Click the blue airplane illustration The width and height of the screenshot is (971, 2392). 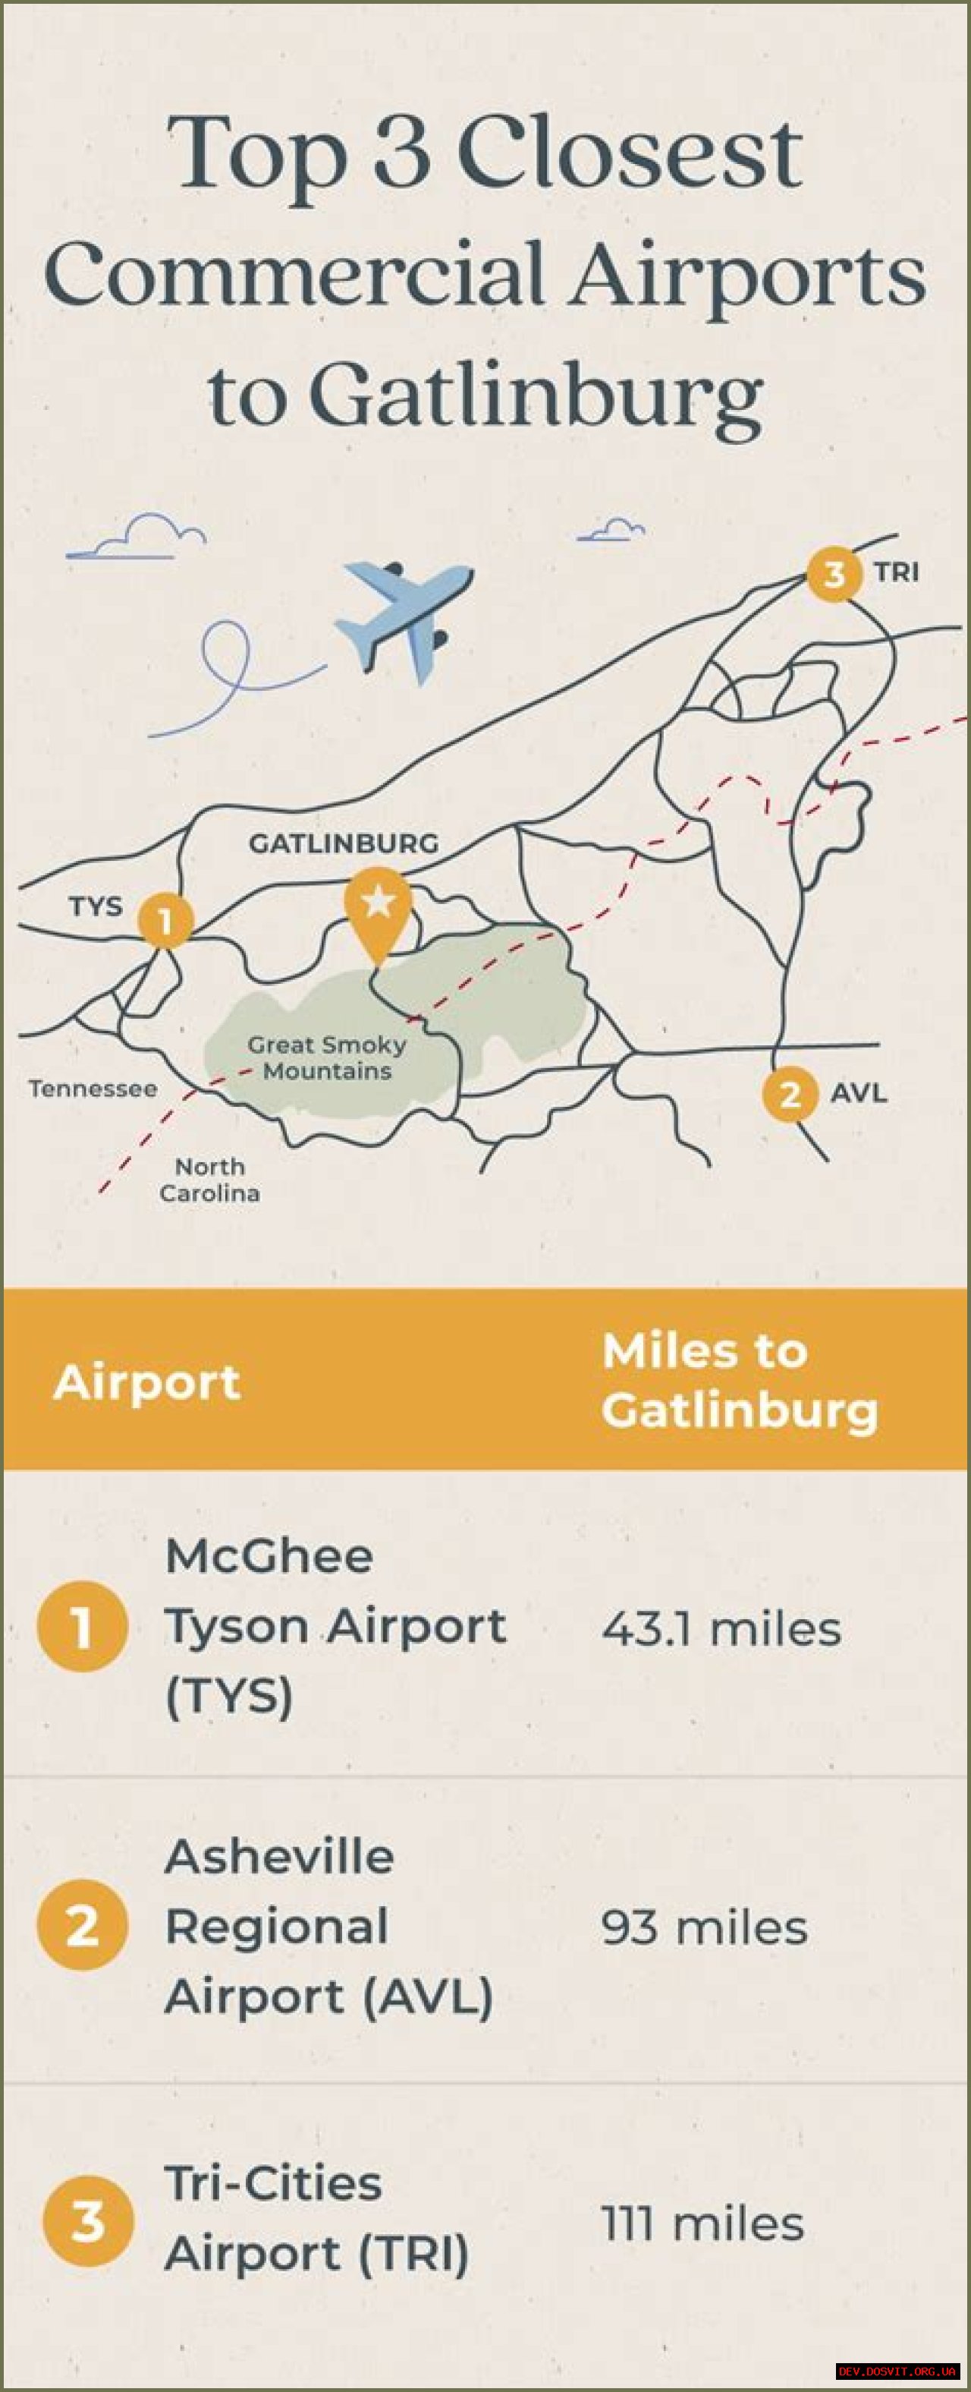pyautogui.click(x=406, y=617)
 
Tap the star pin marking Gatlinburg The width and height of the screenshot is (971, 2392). pyautogui.click(x=378, y=906)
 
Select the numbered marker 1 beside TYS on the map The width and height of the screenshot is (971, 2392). pyautogui.click(x=166, y=920)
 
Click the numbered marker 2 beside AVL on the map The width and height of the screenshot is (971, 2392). pyautogui.click(x=790, y=1095)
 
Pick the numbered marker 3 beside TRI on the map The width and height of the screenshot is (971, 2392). pyautogui.click(x=834, y=574)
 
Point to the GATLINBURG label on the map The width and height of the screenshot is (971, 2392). pyautogui.click(x=343, y=843)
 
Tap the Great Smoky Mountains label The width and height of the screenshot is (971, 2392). pyautogui.click(x=327, y=1057)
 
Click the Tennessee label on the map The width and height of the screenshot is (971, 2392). pyautogui.click(x=93, y=1089)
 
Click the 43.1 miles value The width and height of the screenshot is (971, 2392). pyautogui.click(x=721, y=1629)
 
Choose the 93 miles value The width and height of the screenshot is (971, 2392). pyautogui.click(x=704, y=1927)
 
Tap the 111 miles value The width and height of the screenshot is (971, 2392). pyautogui.click(x=702, y=2224)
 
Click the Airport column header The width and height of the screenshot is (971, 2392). pyautogui.click(x=146, y=1382)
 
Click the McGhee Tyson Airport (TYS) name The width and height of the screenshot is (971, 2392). pyautogui.click(x=335, y=1626)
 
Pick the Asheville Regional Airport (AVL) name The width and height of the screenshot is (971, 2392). pyautogui.click(x=328, y=1927)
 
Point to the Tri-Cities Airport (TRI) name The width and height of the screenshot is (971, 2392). pyautogui.click(x=316, y=2218)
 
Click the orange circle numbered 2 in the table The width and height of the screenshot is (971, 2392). pyautogui.click(x=83, y=1926)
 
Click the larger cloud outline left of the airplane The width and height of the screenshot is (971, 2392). pyautogui.click(x=137, y=537)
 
